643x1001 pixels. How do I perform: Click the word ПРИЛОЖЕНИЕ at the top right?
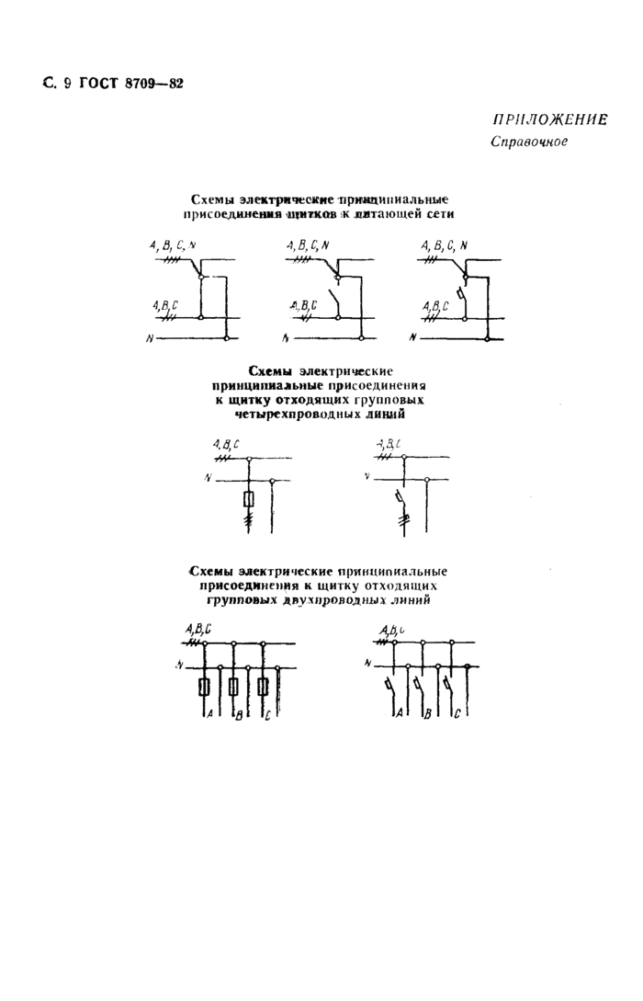coord(550,119)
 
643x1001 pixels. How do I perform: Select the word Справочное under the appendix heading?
coord(528,142)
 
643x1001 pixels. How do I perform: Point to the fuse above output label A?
coord(203,687)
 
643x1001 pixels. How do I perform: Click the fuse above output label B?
coord(233,687)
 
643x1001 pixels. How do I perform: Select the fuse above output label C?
coord(264,687)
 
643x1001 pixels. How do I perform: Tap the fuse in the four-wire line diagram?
coord(248,499)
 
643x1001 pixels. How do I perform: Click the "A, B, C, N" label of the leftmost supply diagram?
coord(173,245)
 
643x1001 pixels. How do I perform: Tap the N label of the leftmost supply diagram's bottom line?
coord(149,339)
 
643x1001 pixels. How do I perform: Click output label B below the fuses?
coord(238,715)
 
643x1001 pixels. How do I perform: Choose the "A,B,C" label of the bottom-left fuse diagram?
coord(197,629)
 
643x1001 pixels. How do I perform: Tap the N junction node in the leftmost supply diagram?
coord(226,339)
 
